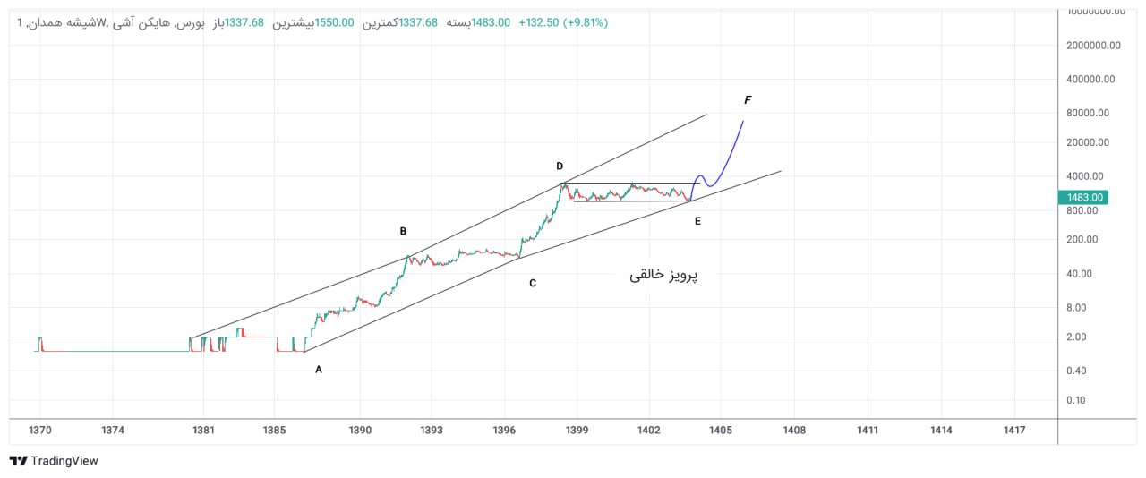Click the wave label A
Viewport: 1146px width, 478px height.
pyautogui.click(x=318, y=369)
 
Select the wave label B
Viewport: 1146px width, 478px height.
pyautogui.click(x=403, y=231)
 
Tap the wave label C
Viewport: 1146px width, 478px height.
pyautogui.click(x=533, y=284)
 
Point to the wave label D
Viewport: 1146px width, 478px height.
pyautogui.click(x=560, y=166)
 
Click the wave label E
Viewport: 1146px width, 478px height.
pyautogui.click(x=697, y=220)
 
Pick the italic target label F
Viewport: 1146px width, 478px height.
pyautogui.click(x=748, y=99)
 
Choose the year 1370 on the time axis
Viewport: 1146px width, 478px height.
pyautogui.click(x=40, y=431)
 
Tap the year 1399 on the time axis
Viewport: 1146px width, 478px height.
pyautogui.click(x=577, y=431)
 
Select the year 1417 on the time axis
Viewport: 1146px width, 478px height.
pyautogui.click(x=1014, y=431)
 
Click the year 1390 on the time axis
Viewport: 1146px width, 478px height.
pyautogui.click(x=360, y=431)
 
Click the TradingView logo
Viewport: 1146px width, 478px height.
pyautogui.click(x=54, y=461)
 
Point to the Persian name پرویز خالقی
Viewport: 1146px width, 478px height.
pyautogui.click(x=663, y=276)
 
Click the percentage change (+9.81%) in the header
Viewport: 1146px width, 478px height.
pyautogui.click(x=585, y=22)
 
